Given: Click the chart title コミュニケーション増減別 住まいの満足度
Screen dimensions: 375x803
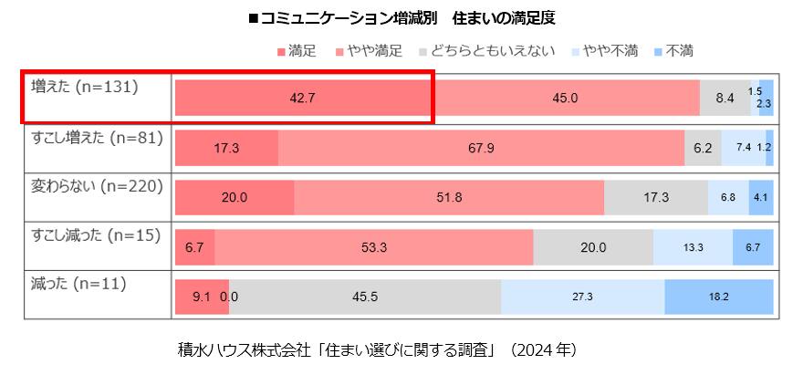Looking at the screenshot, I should [x=401, y=18].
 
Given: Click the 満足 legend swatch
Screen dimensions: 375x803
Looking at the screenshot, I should [x=281, y=51].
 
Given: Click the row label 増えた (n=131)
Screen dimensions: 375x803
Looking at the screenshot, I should [x=84, y=88].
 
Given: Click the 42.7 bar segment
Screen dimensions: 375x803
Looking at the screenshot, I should [x=301, y=98].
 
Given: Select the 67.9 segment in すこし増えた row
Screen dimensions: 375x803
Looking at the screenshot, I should [x=481, y=147].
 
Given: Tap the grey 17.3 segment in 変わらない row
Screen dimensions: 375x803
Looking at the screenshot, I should [x=656, y=197].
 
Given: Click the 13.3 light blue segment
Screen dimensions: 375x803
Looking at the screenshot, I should [x=693, y=246].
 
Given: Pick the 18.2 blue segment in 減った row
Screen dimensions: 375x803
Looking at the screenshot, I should [x=719, y=296].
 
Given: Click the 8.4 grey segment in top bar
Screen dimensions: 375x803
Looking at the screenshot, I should [x=725, y=98].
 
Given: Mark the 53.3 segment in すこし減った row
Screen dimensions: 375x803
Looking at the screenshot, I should [x=374, y=246].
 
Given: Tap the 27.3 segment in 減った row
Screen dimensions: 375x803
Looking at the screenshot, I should [x=582, y=296].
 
